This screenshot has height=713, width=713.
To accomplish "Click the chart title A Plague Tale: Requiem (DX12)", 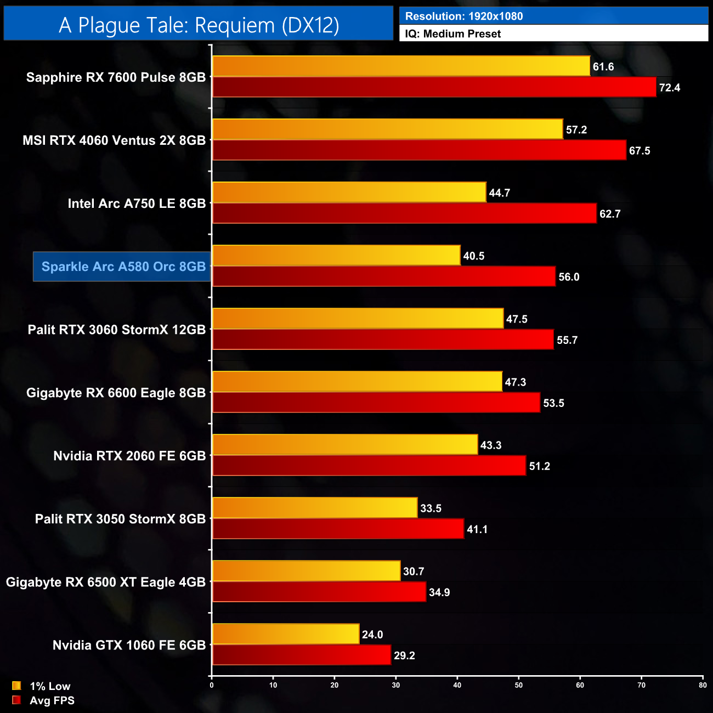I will coord(199,25).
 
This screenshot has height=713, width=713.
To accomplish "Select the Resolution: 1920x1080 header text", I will coord(463,16).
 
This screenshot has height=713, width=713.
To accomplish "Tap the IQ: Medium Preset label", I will coord(452,34).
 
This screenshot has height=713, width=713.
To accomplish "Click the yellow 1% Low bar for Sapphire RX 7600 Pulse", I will coord(400,66).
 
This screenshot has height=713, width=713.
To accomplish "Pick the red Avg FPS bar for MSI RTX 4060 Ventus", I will coord(419,150).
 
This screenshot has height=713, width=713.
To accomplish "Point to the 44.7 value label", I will coord(499,193).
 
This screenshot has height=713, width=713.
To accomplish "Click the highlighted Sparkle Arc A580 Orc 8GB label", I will coord(123,267).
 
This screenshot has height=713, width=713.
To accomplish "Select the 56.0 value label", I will coord(569,277).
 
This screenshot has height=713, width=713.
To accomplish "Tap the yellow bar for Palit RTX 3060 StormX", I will coord(358,319).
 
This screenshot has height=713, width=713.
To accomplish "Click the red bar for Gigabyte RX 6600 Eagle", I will coord(376,403).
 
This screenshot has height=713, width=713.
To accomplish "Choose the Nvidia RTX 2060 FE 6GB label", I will coord(129,456).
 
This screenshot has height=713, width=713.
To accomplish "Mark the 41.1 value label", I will coord(477,529).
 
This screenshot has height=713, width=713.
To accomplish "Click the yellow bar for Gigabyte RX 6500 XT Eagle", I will coord(306,571).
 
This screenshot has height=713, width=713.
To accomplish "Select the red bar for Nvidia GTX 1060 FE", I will coord(301,655).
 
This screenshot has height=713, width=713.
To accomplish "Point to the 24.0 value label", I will coord(372,635).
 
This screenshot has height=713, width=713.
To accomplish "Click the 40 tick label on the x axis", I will coord(457,685).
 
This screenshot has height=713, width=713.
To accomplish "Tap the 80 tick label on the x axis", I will coord(703,685).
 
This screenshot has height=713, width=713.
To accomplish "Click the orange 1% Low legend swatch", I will coord(16,686).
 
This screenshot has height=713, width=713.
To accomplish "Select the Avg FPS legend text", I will coord(52,700).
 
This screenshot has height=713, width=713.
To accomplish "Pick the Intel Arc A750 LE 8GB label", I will coord(137,203).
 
